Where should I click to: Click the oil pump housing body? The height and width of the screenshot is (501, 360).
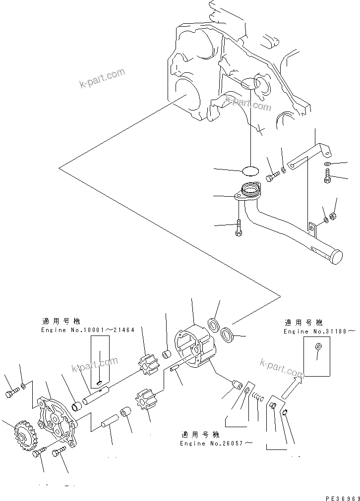(x=194, y=344)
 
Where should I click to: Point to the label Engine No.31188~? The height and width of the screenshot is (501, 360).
(x=320, y=331)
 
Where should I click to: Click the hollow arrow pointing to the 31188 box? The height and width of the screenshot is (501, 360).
(x=292, y=387)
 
